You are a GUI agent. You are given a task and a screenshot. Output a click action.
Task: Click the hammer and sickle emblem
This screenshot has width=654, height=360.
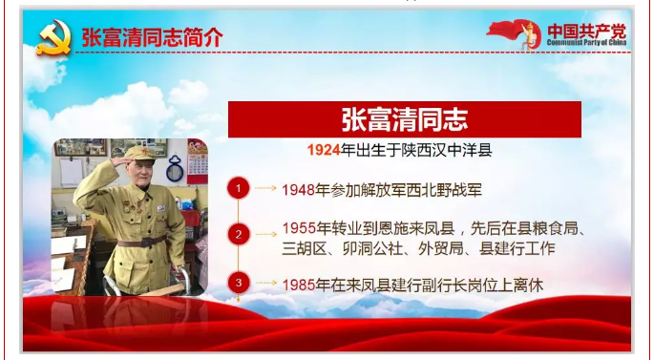pyautogui.click(x=54, y=37)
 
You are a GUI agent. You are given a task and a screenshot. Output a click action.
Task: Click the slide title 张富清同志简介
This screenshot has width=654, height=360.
pyautogui.click(x=152, y=38)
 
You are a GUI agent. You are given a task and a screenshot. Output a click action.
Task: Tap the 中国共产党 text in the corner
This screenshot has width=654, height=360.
pyautogui.click(x=586, y=32)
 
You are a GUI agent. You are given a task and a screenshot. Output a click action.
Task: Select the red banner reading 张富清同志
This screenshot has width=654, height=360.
pyautogui.click(x=404, y=119)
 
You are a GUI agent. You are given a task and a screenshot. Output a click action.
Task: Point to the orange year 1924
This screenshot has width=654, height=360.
pyautogui.click(x=324, y=150)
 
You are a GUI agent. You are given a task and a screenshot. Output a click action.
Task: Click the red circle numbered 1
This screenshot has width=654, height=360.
pyautogui.click(x=239, y=188)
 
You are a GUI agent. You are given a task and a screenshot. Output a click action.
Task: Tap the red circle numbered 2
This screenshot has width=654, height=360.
pyautogui.click(x=239, y=235)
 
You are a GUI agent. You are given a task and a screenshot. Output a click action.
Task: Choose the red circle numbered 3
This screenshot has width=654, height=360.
pyautogui.click(x=239, y=283)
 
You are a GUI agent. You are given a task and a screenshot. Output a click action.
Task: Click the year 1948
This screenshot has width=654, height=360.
pyautogui.click(x=298, y=190)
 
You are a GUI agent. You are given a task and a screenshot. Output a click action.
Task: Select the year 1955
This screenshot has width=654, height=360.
pyautogui.click(x=299, y=228)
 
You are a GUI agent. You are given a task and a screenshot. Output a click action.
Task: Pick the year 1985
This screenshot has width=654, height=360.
pyautogui.click(x=299, y=286)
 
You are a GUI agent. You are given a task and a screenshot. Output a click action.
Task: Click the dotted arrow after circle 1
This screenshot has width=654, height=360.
pyautogui.click(x=265, y=188)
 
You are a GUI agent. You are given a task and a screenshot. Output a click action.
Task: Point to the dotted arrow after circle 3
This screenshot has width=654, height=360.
pyautogui.click(x=266, y=283)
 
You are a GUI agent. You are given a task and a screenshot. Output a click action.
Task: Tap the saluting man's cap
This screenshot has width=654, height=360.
pyautogui.click(x=139, y=152)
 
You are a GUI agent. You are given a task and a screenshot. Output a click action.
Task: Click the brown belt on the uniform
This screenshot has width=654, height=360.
pyautogui.click(x=142, y=241)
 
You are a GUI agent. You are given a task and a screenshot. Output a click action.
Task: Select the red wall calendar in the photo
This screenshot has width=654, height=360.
pyautogui.click(x=198, y=161)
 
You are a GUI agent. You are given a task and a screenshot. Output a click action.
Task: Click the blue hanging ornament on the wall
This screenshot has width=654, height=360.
pyautogui.click(x=175, y=168)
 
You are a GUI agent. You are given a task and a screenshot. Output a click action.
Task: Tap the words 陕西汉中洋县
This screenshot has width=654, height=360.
pyautogui.click(x=447, y=150)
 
